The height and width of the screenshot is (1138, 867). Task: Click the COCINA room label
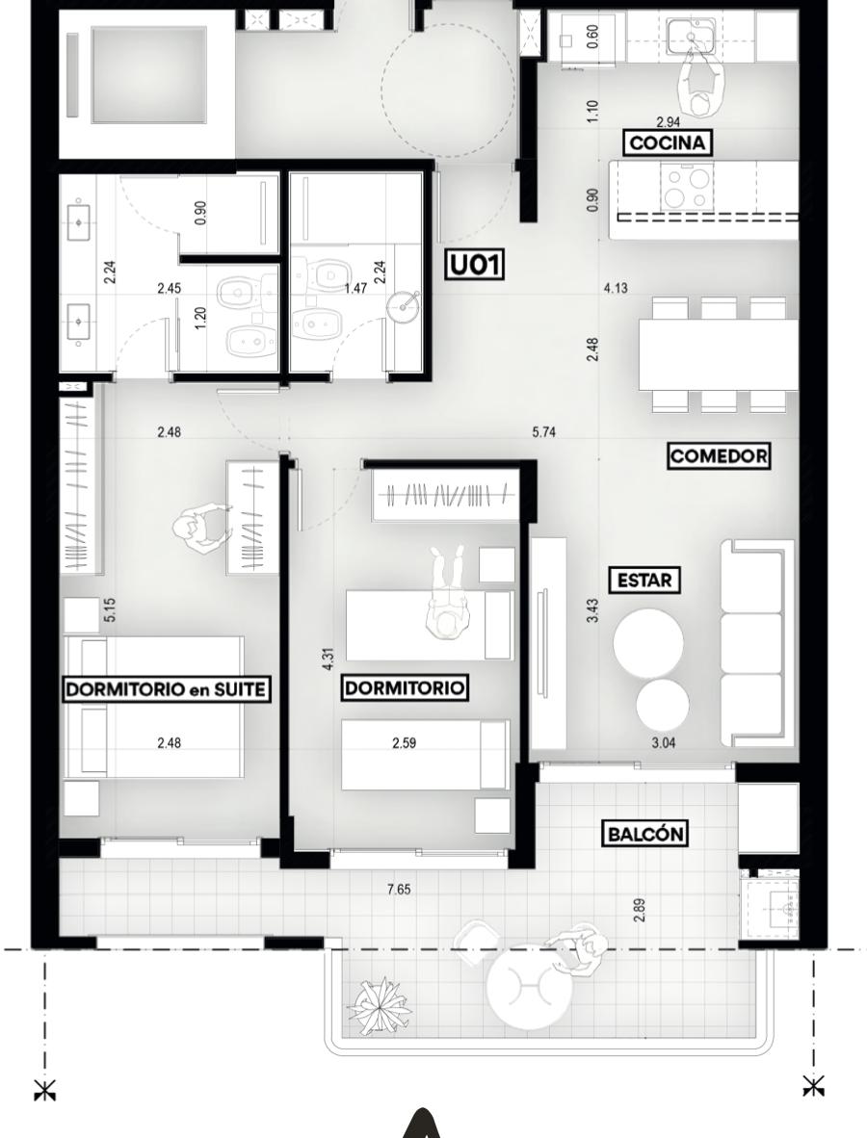click(667, 142)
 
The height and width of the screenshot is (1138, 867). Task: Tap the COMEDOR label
click(718, 455)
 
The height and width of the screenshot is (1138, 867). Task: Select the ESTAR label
click(644, 581)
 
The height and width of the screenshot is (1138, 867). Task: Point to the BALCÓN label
click(644, 833)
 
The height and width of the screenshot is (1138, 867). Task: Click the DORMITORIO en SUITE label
click(166, 688)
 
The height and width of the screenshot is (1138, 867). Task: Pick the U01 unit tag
click(475, 265)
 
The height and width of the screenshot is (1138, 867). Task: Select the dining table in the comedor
click(718, 355)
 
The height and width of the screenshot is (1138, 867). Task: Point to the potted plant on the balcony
click(380, 1005)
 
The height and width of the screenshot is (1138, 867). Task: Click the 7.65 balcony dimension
click(400, 889)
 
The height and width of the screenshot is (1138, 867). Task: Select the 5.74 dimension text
click(544, 432)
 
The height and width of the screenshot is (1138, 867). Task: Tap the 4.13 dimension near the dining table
click(616, 288)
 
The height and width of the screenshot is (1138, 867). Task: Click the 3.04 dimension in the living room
click(664, 742)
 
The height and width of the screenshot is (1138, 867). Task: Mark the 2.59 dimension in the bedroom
click(404, 742)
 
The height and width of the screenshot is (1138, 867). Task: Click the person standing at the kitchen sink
click(700, 84)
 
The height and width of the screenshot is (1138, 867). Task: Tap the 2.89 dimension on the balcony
click(639, 911)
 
